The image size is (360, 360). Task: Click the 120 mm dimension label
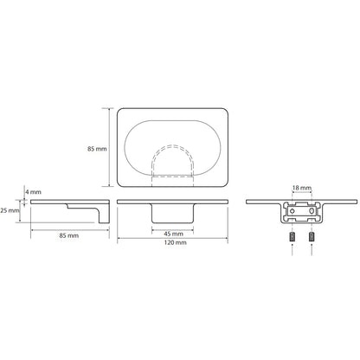175,242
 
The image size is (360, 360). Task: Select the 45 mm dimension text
173,234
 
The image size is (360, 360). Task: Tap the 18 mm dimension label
302,188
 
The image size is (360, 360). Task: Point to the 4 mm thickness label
33,192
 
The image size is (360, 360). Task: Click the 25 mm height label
10,210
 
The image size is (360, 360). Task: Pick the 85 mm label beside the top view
97,149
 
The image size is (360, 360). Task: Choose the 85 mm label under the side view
69,235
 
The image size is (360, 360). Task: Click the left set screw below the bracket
292,237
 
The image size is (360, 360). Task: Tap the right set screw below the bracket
312,237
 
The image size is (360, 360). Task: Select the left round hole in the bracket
292,211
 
